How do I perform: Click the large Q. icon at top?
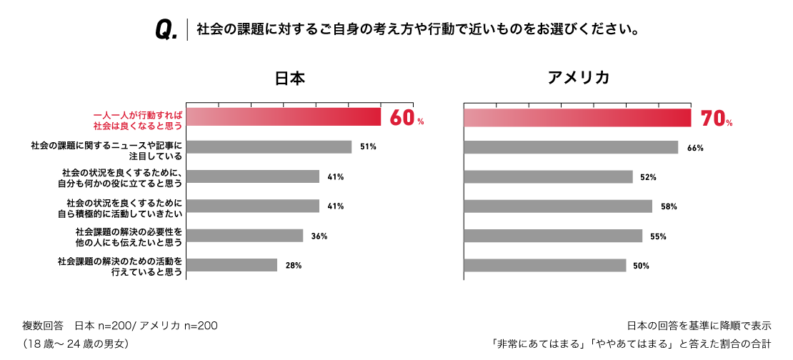(x=166, y=30)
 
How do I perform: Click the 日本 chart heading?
(x=289, y=78)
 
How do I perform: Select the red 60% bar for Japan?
(x=284, y=118)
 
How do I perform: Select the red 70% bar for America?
(x=577, y=118)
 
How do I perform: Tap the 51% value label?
(x=368, y=147)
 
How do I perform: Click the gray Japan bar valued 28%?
(x=231, y=265)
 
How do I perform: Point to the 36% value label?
(x=319, y=236)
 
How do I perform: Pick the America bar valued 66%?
(x=571, y=147)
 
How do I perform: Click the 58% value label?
(x=669, y=206)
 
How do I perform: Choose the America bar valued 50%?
(x=545, y=266)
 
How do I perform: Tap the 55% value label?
(x=658, y=236)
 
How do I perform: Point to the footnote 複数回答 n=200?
(x=120, y=326)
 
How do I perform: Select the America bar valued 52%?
(x=548, y=176)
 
